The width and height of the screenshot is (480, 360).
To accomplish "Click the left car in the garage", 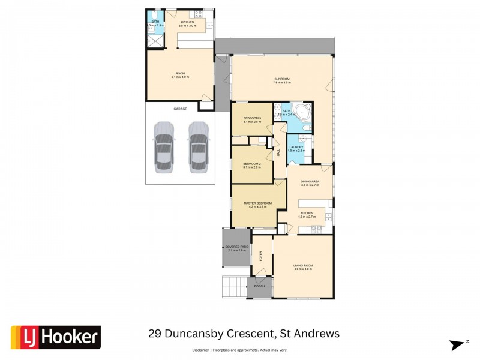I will [163, 147].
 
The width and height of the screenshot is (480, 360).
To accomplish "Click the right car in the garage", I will [198, 147].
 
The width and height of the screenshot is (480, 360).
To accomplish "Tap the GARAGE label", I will [180, 109].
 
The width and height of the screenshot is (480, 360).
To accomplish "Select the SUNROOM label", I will [282, 79].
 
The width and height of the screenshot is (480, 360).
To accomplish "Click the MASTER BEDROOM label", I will [257, 203].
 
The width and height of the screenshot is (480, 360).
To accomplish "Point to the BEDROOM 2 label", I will [251, 164].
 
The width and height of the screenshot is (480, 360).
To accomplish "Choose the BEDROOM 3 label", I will [252, 118].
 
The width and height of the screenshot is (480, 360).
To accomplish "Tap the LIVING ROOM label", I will [303, 265].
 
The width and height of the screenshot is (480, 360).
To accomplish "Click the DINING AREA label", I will [310, 181].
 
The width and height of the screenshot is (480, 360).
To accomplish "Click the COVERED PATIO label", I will [236, 247].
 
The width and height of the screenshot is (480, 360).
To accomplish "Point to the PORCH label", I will [259, 286].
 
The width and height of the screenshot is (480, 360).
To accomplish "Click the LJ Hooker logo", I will [56, 337].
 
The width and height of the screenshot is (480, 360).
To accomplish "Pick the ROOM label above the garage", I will [180, 74].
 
